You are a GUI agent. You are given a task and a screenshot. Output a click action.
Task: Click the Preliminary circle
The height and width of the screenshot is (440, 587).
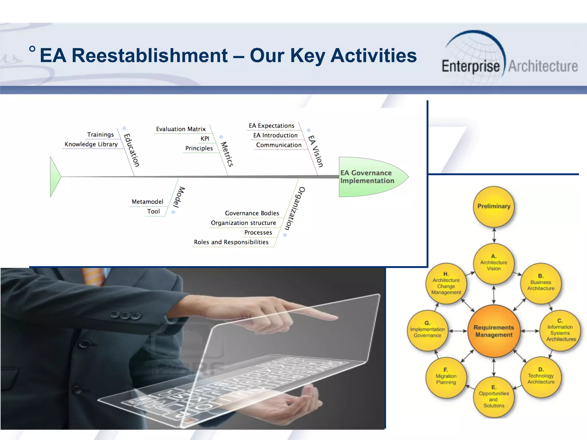click(494, 207)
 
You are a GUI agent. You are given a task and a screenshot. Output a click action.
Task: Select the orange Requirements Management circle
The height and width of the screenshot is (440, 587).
click(494, 331)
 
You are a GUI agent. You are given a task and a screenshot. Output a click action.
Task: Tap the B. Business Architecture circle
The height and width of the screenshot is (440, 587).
click(541, 283)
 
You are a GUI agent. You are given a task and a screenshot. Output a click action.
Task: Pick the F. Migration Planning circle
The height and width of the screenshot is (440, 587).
click(446, 378)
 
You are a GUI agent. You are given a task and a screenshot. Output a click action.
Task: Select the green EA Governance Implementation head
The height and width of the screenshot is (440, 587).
click(370, 177)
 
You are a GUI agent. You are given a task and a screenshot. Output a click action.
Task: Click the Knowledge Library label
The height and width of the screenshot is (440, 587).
click(91, 144)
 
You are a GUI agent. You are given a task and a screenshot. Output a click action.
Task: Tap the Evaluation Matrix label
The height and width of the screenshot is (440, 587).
click(181, 129)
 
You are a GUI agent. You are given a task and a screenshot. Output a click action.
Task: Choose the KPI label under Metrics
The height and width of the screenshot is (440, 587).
click(205, 139)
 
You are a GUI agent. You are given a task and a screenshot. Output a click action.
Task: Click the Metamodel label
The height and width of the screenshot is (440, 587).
click(147, 202)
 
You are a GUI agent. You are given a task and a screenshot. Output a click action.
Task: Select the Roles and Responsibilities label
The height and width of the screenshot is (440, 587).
click(231, 242)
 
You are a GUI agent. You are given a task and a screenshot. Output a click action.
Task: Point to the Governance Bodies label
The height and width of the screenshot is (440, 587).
click(252, 213)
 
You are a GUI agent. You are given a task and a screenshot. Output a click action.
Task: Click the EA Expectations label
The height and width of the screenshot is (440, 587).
click(271, 126)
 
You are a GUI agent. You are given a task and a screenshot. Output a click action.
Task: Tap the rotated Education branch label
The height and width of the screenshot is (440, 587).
click(132, 150)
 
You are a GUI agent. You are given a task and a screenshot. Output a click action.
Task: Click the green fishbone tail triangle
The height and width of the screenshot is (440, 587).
click(55, 177)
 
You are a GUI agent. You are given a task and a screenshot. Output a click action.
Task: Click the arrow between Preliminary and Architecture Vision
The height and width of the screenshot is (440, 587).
click(494, 235)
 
